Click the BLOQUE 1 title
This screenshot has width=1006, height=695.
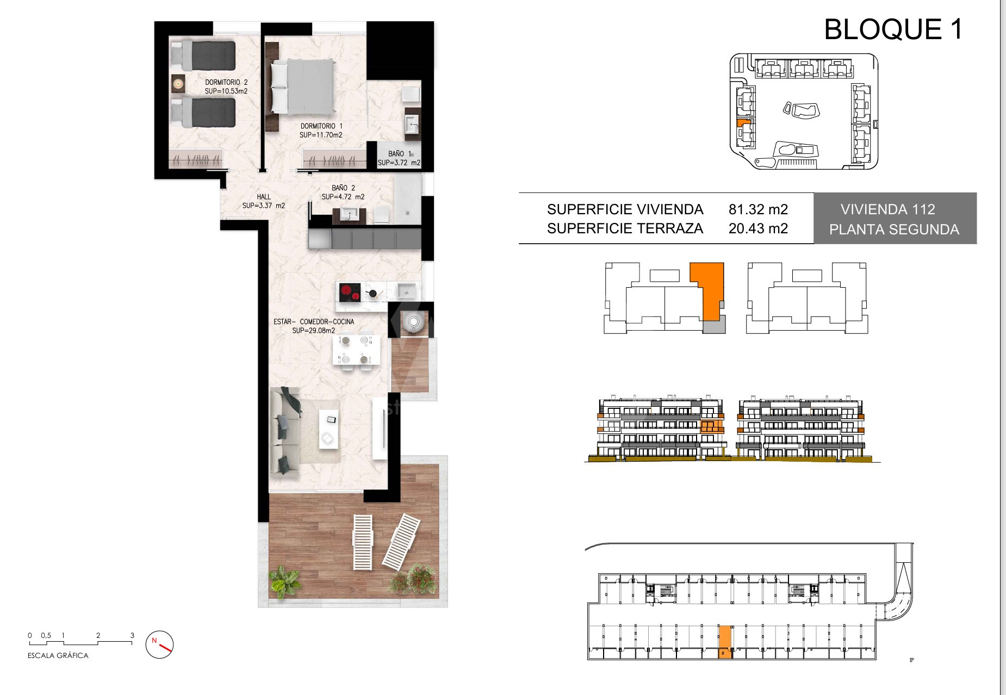[x=893, y=29]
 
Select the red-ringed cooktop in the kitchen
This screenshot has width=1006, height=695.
[x=350, y=293]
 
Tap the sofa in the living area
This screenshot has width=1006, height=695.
[x=285, y=432]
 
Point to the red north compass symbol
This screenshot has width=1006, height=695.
[x=159, y=644]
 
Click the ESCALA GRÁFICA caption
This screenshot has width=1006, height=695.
[x=58, y=656]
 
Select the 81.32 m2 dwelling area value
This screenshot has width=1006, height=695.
[x=758, y=209]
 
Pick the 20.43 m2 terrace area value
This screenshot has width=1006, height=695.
[x=758, y=228]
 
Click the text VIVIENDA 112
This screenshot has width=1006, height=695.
[x=888, y=209]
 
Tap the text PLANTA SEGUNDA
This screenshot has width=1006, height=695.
[x=894, y=229]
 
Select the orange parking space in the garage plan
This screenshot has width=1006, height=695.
[x=725, y=642]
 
